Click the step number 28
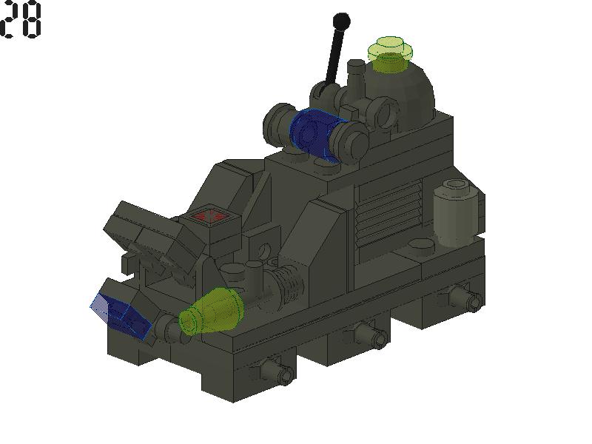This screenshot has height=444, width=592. pyautogui.click(x=21, y=20)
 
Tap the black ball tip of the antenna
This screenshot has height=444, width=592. pyautogui.click(x=341, y=21)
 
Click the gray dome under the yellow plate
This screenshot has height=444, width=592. pyautogui.click(x=414, y=92)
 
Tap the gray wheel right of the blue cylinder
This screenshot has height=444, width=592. pyautogui.click(x=350, y=139)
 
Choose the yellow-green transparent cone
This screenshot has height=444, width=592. pyautogui.click(x=212, y=312)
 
